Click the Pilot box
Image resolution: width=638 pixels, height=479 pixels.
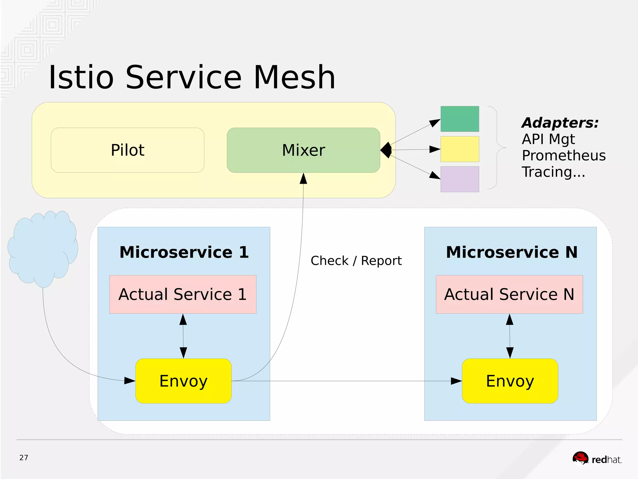[x=127, y=150]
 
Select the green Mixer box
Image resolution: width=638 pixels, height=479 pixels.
[x=303, y=150]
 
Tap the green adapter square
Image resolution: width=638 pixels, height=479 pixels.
[x=459, y=119]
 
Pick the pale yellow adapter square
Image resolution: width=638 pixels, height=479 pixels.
[x=459, y=149]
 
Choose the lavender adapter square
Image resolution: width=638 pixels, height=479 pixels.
[x=459, y=179]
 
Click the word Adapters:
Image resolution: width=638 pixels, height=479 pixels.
[x=560, y=123]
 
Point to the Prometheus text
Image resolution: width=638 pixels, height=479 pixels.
[x=564, y=155]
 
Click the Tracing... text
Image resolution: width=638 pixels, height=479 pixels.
[x=553, y=172]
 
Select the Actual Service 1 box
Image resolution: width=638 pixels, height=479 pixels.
[x=183, y=294]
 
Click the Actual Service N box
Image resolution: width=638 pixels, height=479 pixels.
[x=509, y=294]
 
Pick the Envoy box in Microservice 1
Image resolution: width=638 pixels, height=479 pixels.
[x=183, y=381]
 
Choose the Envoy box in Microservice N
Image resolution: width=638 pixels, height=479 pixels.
[x=510, y=381]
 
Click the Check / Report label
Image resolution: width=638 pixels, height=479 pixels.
[x=356, y=261]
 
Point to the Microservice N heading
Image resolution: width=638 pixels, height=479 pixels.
[x=512, y=252]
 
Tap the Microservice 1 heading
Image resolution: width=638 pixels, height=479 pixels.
[x=184, y=252]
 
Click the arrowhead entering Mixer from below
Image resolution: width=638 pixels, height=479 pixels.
[x=303, y=179]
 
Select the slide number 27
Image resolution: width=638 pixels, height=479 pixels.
[x=24, y=457]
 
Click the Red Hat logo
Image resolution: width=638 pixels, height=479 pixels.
[x=597, y=459]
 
